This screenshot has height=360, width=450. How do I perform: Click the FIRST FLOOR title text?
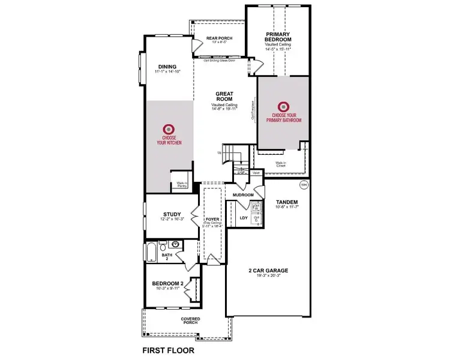pos(168,349)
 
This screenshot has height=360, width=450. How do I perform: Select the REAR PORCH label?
pos(219,38)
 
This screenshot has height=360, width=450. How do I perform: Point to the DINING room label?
pos(167,67)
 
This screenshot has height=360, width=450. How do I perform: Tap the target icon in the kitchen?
pos(169,128)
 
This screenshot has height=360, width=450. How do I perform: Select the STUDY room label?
pos(172,214)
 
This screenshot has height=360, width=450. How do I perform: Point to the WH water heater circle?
pos(303,184)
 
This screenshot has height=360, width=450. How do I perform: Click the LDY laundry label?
pos(244,218)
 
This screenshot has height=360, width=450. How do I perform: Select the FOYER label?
pos(212,220)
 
